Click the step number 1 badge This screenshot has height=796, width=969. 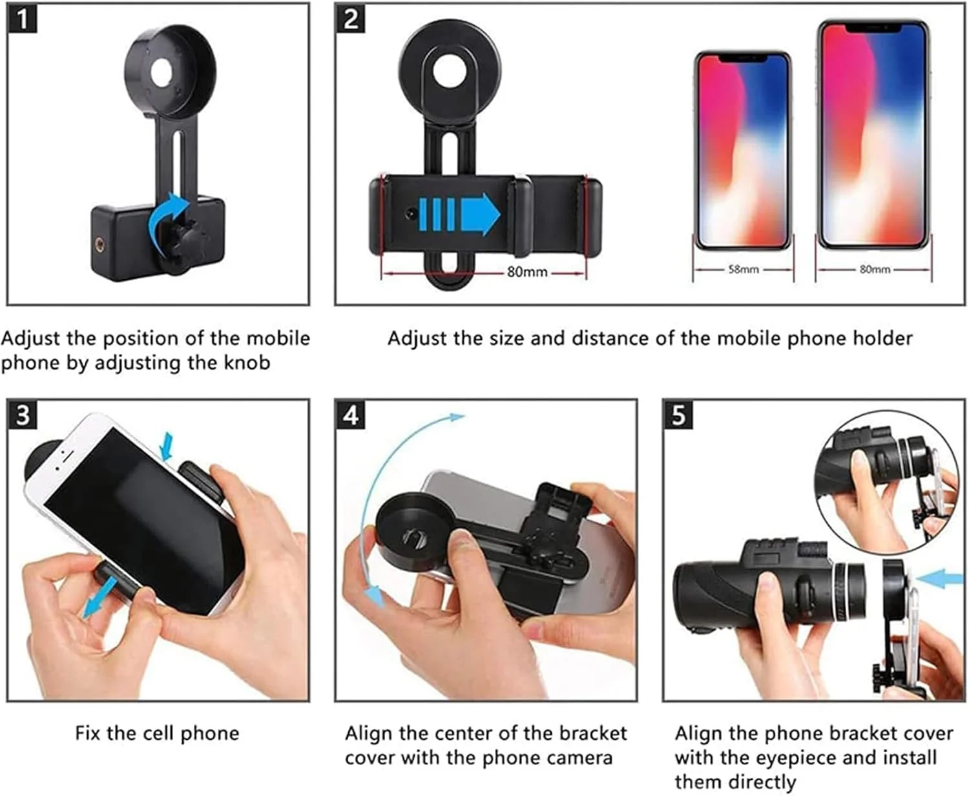click(x=22, y=19)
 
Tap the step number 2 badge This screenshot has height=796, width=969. click(x=351, y=19)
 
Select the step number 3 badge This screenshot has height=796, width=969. click(x=22, y=414)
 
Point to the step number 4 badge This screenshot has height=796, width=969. click(x=351, y=414)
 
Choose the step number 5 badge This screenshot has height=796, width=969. click(x=678, y=414)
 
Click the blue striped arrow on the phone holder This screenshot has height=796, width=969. click(x=459, y=214)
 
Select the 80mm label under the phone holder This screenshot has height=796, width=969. click(x=526, y=272)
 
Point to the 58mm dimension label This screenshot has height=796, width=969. click(x=743, y=269)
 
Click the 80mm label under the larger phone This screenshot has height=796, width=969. click(x=875, y=269)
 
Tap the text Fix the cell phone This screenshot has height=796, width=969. click(x=157, y=733)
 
